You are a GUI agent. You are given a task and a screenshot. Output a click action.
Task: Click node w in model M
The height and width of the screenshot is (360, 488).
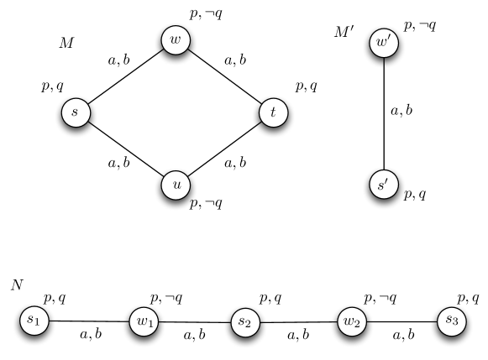(175, 40)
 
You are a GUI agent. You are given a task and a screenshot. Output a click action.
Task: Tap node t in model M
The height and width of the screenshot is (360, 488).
(273, 112)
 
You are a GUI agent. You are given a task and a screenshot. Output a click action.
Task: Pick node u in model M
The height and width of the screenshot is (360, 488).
(175, 185)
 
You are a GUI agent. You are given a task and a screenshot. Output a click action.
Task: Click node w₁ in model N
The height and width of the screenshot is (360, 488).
(144, 321)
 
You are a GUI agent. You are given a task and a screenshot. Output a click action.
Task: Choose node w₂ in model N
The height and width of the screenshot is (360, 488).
(353, 321)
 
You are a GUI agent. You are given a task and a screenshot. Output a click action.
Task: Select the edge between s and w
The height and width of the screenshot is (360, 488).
(126, 76)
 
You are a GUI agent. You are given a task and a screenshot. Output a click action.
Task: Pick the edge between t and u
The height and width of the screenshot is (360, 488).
(224, 149)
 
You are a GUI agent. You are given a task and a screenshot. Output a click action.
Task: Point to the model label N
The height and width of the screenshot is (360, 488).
(17, 284)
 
